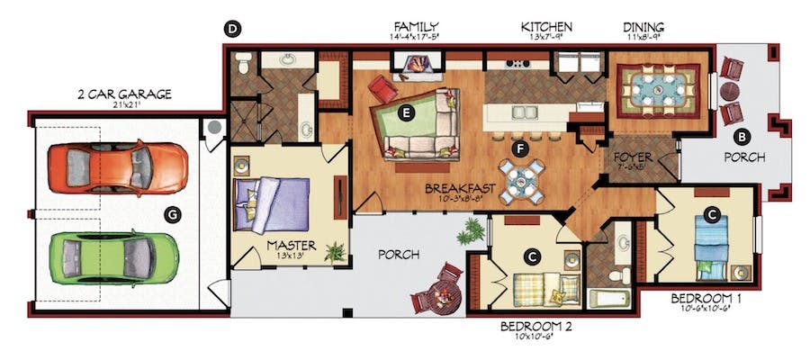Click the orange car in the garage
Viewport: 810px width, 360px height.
[x=118, y=168]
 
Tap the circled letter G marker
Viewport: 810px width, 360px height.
[x=170, y=213]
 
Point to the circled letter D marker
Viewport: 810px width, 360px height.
[x=231, y=30]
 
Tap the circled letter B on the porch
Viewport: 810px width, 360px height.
[x=742, y=137]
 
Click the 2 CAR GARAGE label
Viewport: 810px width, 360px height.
[x=124, y=94]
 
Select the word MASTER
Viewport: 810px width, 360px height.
[x=290, y=245]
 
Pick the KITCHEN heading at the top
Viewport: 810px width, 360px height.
[x=546, y=28]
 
